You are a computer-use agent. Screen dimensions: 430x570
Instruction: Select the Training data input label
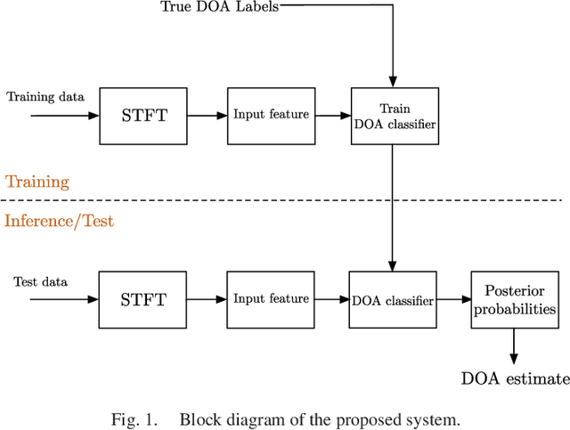click(x=45, y=95)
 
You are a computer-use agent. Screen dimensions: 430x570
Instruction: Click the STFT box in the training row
click(x=143, y=116)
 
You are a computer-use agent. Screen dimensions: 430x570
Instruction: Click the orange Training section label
click(x=37, y=182)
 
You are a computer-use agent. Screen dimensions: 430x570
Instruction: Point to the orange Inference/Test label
click(x=60, y=220)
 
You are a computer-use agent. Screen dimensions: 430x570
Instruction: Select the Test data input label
click(x=40, y=281)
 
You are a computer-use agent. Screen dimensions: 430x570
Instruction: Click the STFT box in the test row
click(x=143, y=300)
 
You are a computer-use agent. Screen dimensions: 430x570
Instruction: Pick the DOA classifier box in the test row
click(x=393, y=301)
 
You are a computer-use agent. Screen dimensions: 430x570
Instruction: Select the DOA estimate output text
click(x=515, y=379)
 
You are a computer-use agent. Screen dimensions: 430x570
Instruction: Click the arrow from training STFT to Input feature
click(x=208, y=116)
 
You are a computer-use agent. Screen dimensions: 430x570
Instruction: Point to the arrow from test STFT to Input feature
click(x=208, y=300)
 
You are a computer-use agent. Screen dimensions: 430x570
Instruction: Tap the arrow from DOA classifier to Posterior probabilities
click(x=454, y=300)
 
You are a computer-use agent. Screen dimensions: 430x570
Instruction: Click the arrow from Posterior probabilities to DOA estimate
click(x=513, y=345)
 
